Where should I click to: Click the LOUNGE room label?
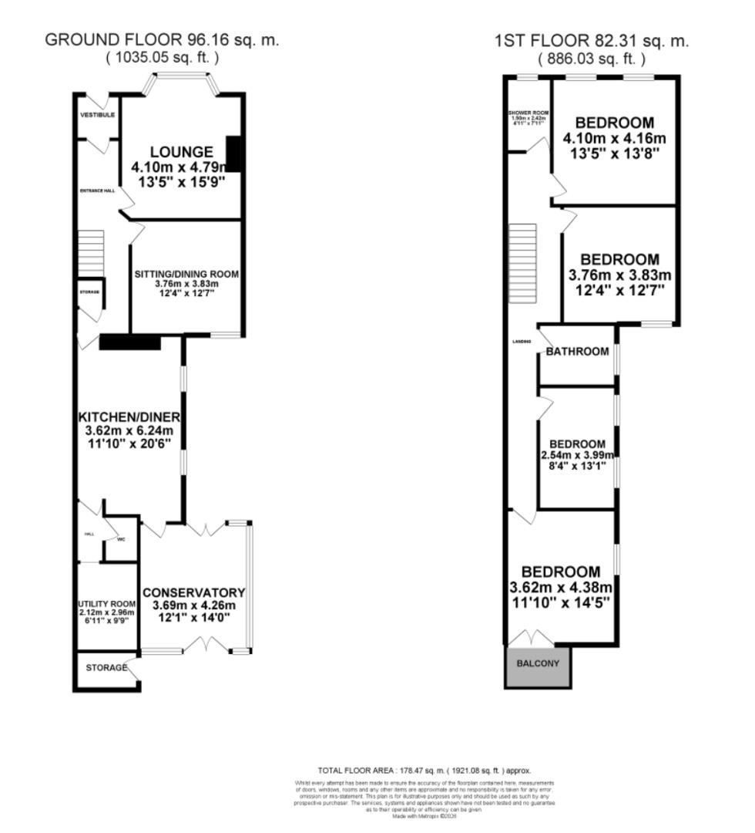click(181, 151)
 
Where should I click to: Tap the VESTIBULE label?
click(98, 115)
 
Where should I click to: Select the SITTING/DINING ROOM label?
click(186, 274)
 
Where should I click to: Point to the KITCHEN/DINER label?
click(130, 417)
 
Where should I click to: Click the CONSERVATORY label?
click(193, 592)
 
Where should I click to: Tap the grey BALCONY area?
click(539, 664)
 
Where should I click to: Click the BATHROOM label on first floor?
click(577, 352)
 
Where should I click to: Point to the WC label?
click(120, 539)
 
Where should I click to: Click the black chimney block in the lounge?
click(234, 154)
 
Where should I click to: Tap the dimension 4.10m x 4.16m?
click(614, 139)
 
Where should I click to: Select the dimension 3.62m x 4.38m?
click(560, 587)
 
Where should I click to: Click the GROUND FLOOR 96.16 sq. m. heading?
click(162, 40)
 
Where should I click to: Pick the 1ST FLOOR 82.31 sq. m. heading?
click(592, 41)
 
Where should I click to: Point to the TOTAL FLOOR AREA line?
click(424, 771)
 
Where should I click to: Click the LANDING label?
click(522, 341)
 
